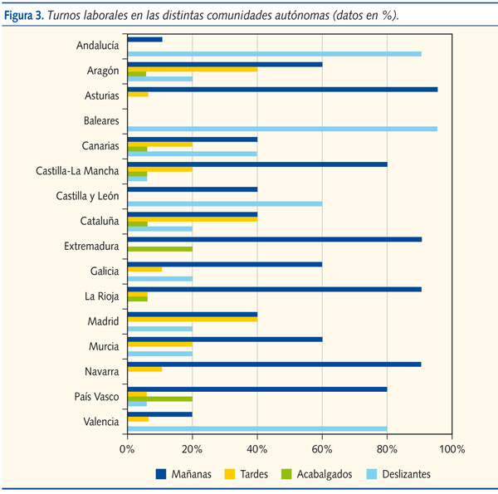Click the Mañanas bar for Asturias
[x=282, y=89]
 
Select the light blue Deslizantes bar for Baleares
[x=282, y=129]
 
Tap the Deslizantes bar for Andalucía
[x=274, y=54]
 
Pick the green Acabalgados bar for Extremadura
[x=159, y=248]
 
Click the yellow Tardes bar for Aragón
[x=192, y=69]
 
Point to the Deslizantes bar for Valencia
[x=256, y=429]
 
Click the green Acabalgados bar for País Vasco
[x=159, y=399]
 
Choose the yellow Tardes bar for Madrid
[x=192, y=319]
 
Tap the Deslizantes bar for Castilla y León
[x=224, y=203]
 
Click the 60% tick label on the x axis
[x=321, y=449]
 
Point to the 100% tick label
[x=451, y=449]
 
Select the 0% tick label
[x=127, y=449]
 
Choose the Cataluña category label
[x=99, y=222]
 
